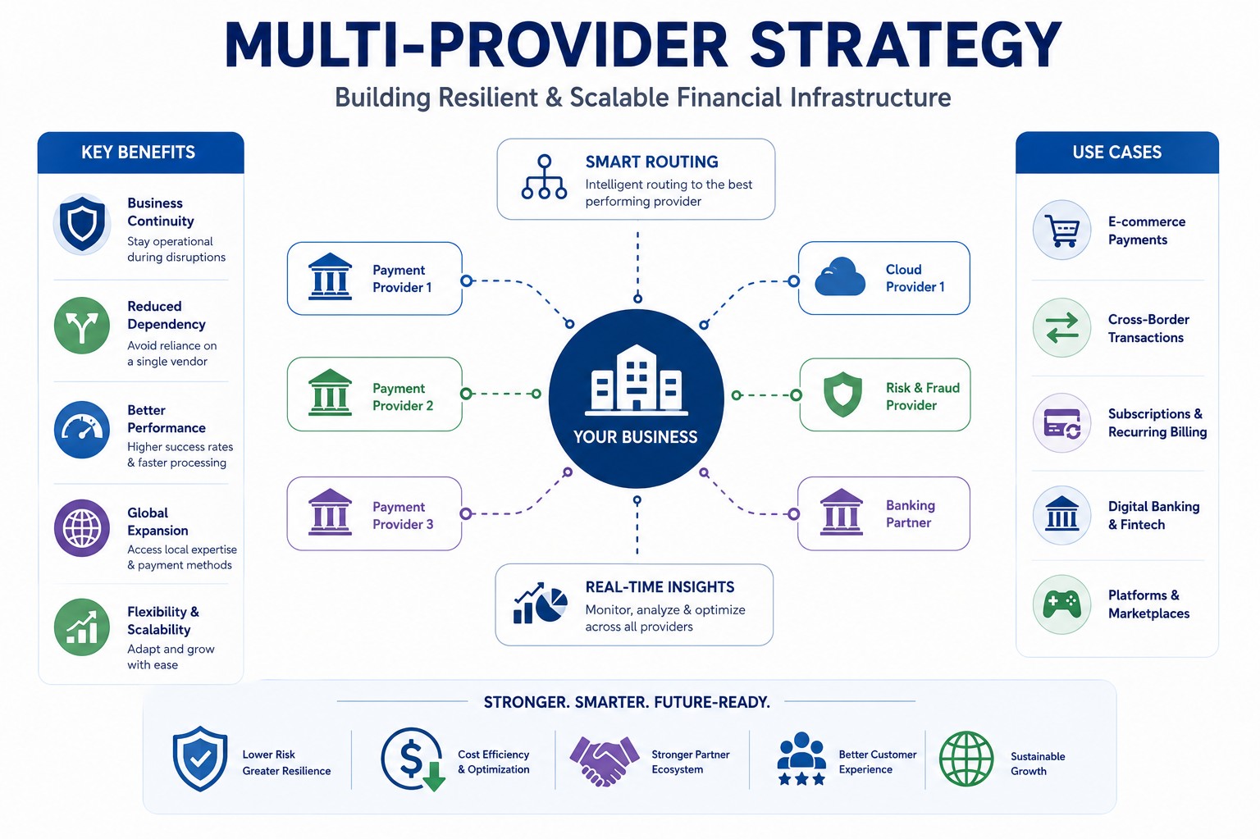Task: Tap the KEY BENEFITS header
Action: click(x=139, y=153)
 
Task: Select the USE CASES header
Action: click(x=1116, y=153)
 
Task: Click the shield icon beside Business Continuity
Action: click(x=82, y=223)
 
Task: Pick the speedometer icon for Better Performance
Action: click(x=82, y=429)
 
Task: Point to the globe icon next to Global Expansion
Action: click(x=82, y=528)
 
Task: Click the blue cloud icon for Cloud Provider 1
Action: click(x=840, y=276)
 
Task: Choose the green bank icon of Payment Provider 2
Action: click(x=331, y=393)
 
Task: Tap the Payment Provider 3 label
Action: click(x=403, y=515)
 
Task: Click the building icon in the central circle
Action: click(x=637, y=381)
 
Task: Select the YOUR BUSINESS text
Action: click(x=636, y=437)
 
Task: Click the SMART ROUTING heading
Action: click(x=651, y=162)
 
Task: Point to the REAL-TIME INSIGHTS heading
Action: click(x=660, y=587)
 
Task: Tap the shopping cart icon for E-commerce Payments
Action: click(x=1061, y=230)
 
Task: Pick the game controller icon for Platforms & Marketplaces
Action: click(x=1061, y=605)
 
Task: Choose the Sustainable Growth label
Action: click(x=1038, y=764)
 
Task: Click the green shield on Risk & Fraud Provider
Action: click(x=842, y=394)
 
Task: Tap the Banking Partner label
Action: click(x=910, y=514)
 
